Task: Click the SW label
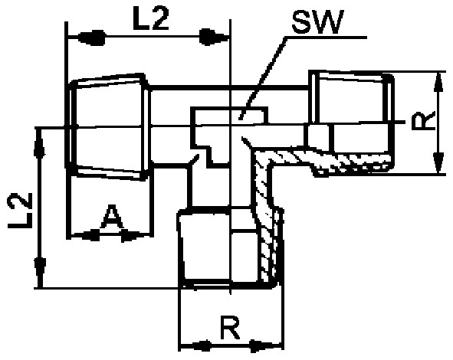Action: coord(317,22)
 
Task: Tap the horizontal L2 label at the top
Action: coord(150,18)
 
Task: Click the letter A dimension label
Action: coord(112,216)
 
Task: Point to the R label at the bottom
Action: coord(230,328)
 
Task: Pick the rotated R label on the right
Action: coord(423,121)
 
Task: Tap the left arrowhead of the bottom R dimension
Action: coord(196,345)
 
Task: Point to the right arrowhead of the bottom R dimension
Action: coord(265,346)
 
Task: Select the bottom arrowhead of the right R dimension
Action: coord(439,162)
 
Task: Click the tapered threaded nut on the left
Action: coord(108,127)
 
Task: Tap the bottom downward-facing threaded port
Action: coord(230,247)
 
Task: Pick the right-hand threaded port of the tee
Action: coord(351,123)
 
